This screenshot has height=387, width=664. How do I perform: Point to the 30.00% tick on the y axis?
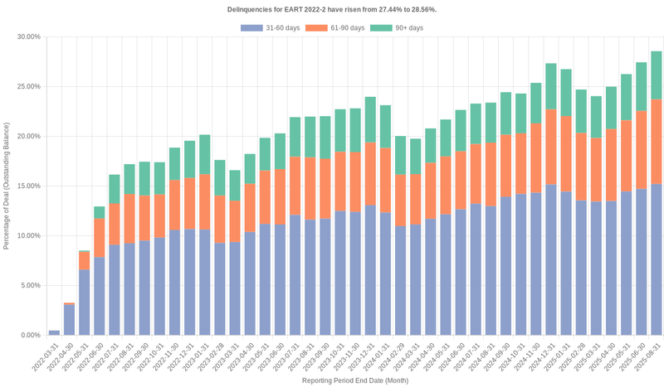(28, 36)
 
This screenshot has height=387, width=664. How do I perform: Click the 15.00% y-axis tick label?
(28, 186)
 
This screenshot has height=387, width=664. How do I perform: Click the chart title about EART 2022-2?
(332, 9)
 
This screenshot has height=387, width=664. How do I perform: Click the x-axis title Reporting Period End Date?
(354, 380)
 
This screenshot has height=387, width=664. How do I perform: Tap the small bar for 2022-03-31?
(54, 332)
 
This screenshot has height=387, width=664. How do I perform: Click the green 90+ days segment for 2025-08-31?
(656, 75)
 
